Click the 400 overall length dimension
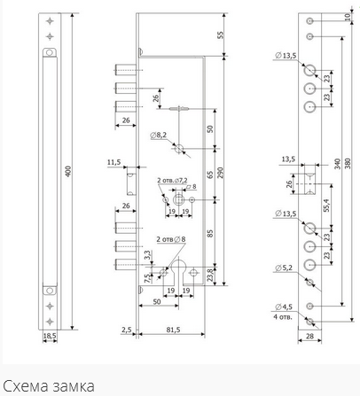(68, 171)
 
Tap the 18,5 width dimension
(50, 336)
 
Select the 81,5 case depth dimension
(173, 330)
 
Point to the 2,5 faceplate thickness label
(126, 330)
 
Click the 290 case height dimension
(220, 173)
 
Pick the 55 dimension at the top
(221, 35)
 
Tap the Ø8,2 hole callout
(159, 136)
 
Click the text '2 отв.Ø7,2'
(172, 180)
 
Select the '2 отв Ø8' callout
(171, 239)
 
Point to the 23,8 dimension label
(210, 275)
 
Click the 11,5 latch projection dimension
(113, 162)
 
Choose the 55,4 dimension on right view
(326, 205)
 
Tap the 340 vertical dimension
(338, 164)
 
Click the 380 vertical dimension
(348, 164)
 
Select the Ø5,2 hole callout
(284, 268)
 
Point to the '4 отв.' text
(283, 317)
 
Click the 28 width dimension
(309, 336)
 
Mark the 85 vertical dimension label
(210, 234)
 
